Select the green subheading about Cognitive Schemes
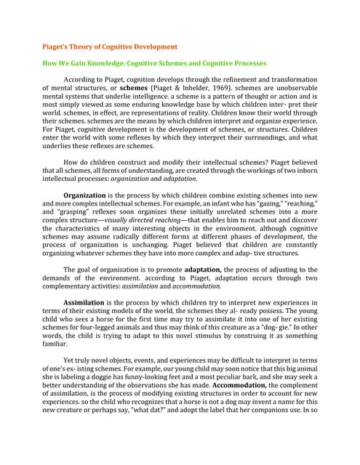click(155, 64)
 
